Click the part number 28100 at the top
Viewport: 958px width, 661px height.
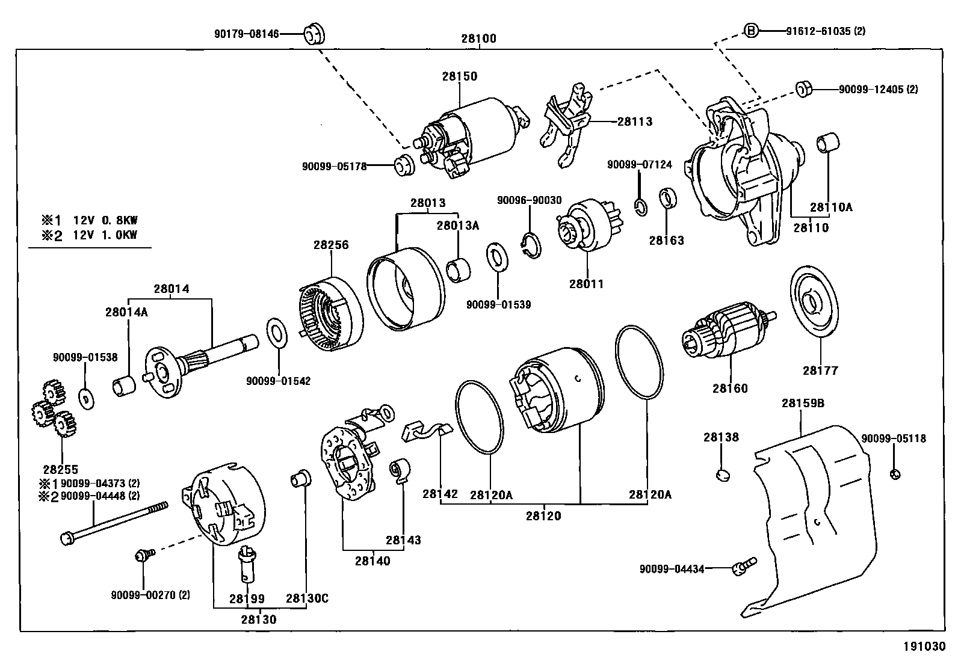478,38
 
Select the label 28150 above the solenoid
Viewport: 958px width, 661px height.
459,76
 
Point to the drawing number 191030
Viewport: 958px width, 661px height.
924,646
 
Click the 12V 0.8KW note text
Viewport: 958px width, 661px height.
105,220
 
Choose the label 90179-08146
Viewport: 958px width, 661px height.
246,34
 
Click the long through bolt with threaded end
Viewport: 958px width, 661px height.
114,523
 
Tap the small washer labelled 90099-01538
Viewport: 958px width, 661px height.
87,399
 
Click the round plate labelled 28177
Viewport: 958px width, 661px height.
814,301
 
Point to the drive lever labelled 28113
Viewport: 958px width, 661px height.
567,124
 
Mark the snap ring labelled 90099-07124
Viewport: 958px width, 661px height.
641,208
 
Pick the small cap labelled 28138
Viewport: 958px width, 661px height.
723,475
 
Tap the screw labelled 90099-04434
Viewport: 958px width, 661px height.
744,567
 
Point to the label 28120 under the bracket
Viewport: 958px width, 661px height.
543,516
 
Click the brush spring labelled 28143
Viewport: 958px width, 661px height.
400,471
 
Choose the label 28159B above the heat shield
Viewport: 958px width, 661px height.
803,403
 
